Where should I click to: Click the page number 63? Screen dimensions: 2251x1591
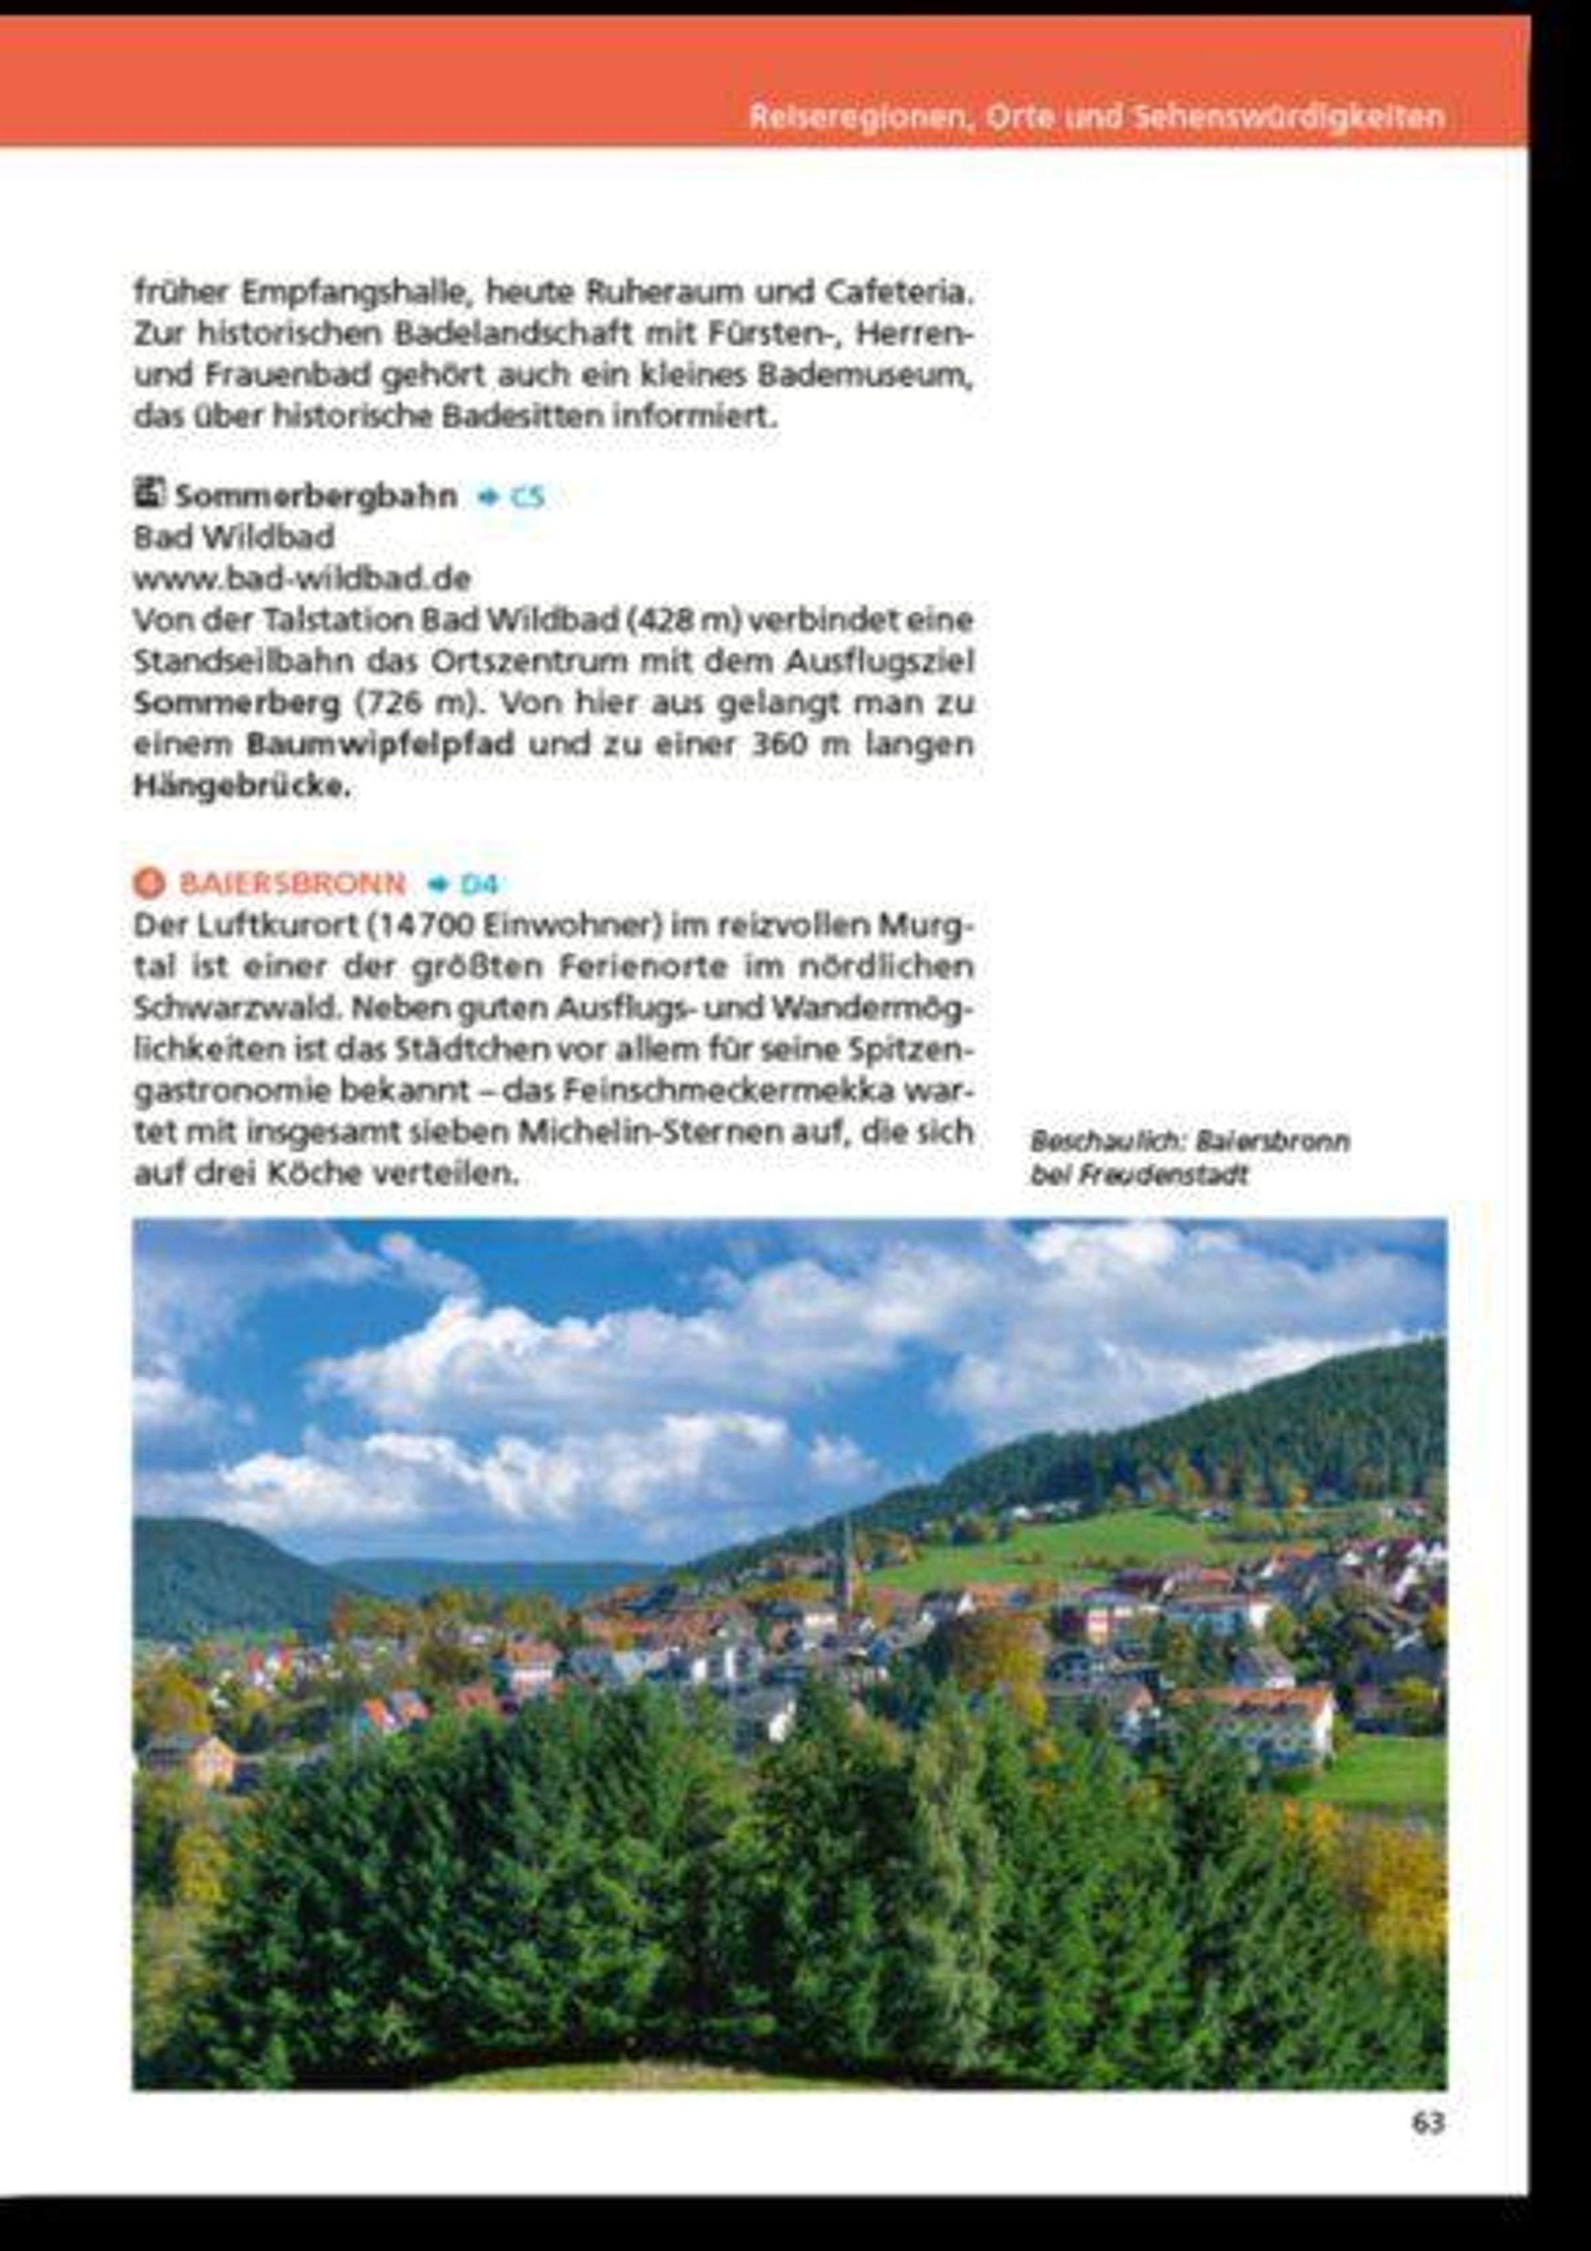[x=1427, y=2122]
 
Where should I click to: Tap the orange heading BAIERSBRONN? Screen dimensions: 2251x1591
[x=292, y=884]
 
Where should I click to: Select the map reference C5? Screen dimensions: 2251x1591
[x=526, y=497]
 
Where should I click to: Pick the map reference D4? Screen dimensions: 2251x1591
[x=479, y=884]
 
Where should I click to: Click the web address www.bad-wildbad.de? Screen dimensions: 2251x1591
[x=302, y=579]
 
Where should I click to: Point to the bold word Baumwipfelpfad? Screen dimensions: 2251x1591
[x=381, y=744]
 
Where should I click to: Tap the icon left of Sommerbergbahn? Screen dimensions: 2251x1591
[x=149, y=493]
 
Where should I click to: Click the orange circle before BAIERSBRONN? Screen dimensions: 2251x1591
[x=149, y=884]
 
